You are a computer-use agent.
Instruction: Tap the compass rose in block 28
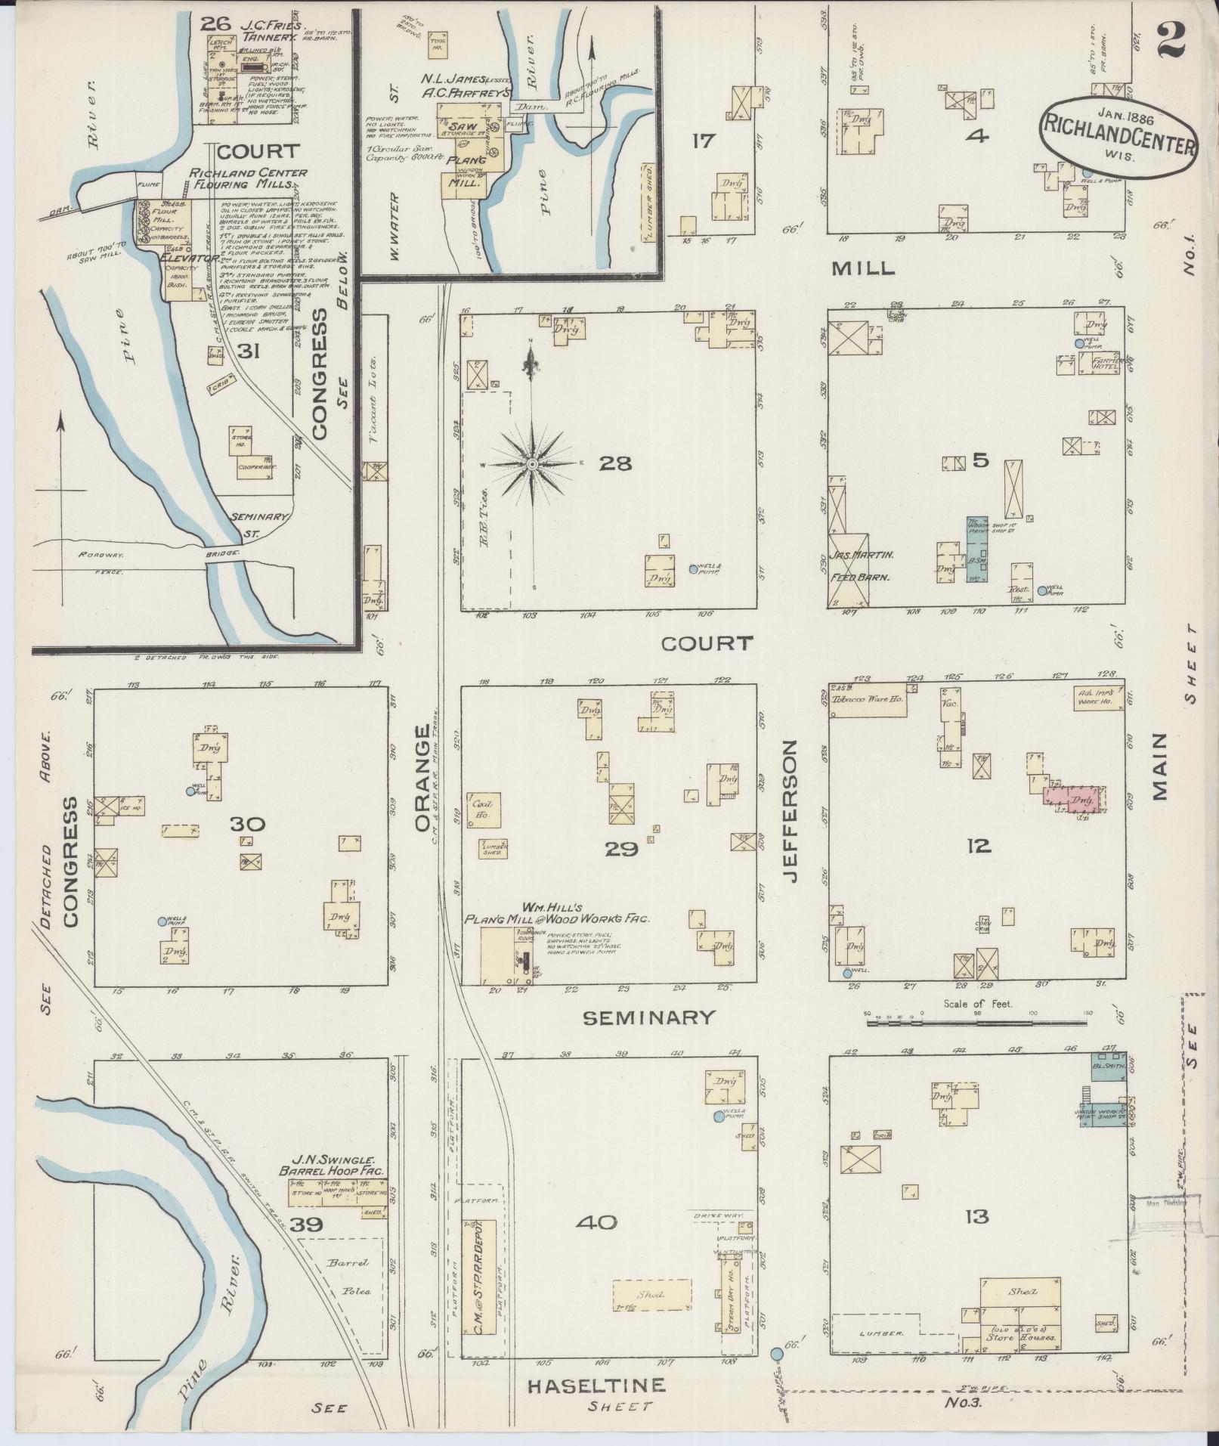point(533,463)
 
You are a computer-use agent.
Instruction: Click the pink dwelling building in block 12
point(1074,799)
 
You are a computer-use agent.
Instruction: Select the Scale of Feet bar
point(977,1022)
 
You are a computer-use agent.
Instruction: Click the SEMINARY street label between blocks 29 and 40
point(648,1018)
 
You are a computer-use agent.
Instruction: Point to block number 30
point(248,823)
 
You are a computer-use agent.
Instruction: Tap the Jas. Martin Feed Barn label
point(864,565)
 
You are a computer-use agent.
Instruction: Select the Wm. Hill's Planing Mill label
point(557,912)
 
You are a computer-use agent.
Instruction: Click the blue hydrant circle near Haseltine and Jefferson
point(776,1352)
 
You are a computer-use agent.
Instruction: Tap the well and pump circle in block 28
point(693,568)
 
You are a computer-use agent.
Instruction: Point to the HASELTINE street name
point(596,1386)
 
